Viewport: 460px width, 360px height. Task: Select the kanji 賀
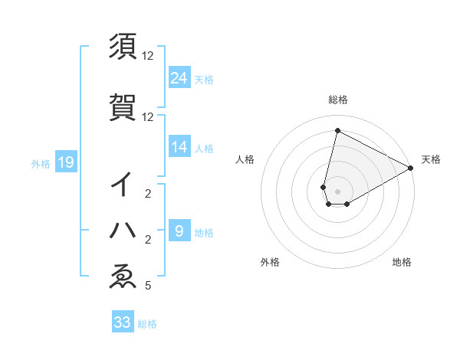pyautogui.click(x=123, y=108)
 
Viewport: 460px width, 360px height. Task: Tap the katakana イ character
pyautogui.click(x=123, y=185)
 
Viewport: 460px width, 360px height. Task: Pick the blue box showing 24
pyautogui.click(x=179, y=78)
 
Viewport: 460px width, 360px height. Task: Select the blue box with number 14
pyautogui.click(x=179, y=148)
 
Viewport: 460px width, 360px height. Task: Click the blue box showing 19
pyautogui.click(x=65, y=162)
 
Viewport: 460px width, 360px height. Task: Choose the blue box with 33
pyautogui.click(x=123, y=322)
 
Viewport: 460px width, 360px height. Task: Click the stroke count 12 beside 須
pyautogui.click(x=148, y=56)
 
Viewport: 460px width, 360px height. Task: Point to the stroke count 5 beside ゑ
pyautogui.click(x=147, y=286)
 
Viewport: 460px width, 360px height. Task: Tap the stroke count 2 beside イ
pyautogui.click(x=147, y=195)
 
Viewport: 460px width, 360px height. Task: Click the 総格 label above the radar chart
pyautogui.click(x=337, y=100)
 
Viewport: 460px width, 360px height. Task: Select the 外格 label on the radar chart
pyautogui.click(x=270, y=262)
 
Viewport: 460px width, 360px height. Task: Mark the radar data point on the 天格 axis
pyautogui.click(x=411, y=169)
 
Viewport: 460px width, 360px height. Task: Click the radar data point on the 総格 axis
pyautogui.click(x=337, y=131)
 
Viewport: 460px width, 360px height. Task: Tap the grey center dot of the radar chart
pyautogui.click(x=337, y=191)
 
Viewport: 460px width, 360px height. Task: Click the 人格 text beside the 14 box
pyautogui.click(x=204, y=149)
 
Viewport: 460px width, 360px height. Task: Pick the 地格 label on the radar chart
pyautogui.click(x=402, y=262)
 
